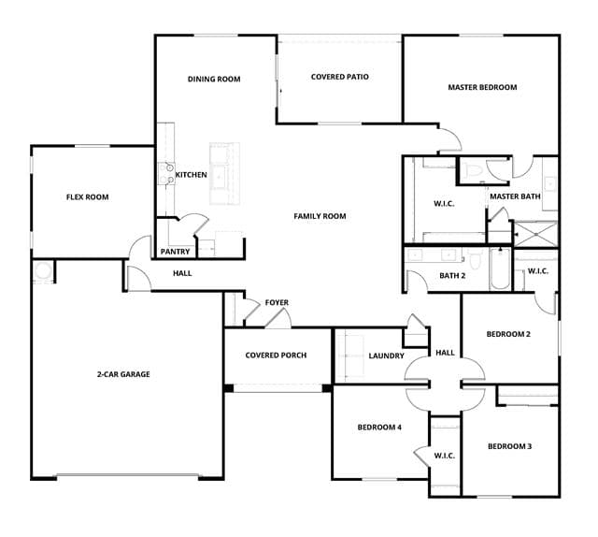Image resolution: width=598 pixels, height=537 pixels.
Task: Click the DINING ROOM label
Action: [x=214, y=80]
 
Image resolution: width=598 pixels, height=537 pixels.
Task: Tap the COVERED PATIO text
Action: [x=340, y=77]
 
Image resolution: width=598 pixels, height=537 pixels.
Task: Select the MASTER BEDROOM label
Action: [x=482, y=87]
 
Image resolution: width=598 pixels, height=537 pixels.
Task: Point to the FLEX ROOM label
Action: [x=87, y=197]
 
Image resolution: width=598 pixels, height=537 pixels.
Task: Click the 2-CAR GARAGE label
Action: [x=123, y=374]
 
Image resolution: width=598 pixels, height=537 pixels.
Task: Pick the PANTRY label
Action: [x=175, y=252]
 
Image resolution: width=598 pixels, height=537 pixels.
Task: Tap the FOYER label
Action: [x=277, y=302]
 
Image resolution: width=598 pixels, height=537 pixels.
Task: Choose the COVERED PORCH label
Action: [x=277, y=356]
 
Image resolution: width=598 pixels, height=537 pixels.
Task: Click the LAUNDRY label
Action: [x=386, y=356]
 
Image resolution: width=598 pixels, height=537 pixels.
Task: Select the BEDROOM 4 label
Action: [x=379, y=427]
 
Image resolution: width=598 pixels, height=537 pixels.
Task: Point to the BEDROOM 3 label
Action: [x=510, y=446]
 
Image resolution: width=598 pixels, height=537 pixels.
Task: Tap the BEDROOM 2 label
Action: [x=508, y=334]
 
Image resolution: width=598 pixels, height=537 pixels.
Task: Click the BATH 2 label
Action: [x=452, y=275]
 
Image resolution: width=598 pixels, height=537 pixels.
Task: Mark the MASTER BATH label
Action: [x=515, y=196]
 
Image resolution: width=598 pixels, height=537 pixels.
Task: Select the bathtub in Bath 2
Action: [x=500, y=268]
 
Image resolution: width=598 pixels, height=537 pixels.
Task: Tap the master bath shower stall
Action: [x=535, y=234]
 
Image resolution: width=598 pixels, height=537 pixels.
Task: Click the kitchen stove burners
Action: [x=166, y=173]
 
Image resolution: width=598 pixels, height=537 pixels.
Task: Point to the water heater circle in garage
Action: [x=42, y=270]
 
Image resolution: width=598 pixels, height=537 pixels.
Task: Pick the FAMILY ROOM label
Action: [x=320, y=216]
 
